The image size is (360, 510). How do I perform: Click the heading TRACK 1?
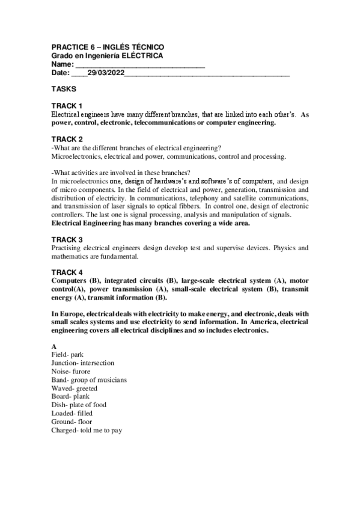pos(67,106)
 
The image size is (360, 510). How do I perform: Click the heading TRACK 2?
pos(67,139)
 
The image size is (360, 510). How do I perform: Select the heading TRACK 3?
pos(67,239)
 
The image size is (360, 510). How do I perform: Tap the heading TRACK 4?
pos(67,272)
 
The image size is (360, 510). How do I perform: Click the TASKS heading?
pos(64,88)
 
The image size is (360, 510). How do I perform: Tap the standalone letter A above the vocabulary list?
pos(54,346)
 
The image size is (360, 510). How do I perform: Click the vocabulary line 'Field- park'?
pos(67,355)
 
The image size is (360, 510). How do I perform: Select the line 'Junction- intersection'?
pos(83,363)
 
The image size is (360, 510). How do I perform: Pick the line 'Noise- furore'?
pos(71,372)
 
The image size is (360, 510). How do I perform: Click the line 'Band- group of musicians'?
pos(89,380)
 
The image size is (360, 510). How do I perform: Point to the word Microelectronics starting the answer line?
pos(76,156)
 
